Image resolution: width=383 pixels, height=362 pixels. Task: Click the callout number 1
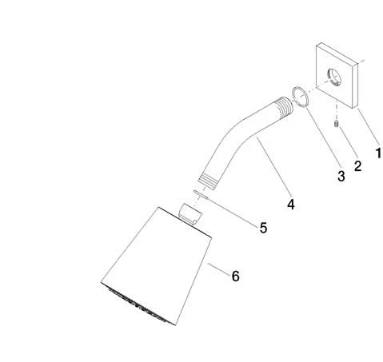(378, 153)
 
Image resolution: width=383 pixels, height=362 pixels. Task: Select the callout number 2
(357, 166)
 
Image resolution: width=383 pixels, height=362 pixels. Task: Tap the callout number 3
(341, 176)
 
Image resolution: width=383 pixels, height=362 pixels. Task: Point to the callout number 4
(291, 205)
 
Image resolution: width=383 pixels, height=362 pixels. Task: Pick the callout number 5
(263, 228)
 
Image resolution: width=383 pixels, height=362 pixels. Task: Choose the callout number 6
(236, 276)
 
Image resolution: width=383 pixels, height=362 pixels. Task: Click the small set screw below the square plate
(336, 124)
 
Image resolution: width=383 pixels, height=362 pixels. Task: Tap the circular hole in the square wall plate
(334, 78)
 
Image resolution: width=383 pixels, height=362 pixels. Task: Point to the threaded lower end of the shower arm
(208, 181)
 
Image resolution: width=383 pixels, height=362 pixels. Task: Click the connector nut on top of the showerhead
(190, 214)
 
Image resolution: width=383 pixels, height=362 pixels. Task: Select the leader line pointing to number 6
(219, 269)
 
